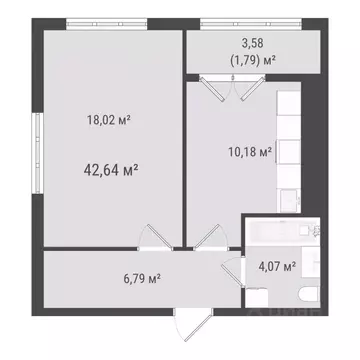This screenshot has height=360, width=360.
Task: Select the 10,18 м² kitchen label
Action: click(246, 152)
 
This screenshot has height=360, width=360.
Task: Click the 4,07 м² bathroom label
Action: click(276, 266)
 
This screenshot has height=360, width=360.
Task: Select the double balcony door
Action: click(229, 87)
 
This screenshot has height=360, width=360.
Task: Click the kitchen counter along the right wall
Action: click(289, 150)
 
